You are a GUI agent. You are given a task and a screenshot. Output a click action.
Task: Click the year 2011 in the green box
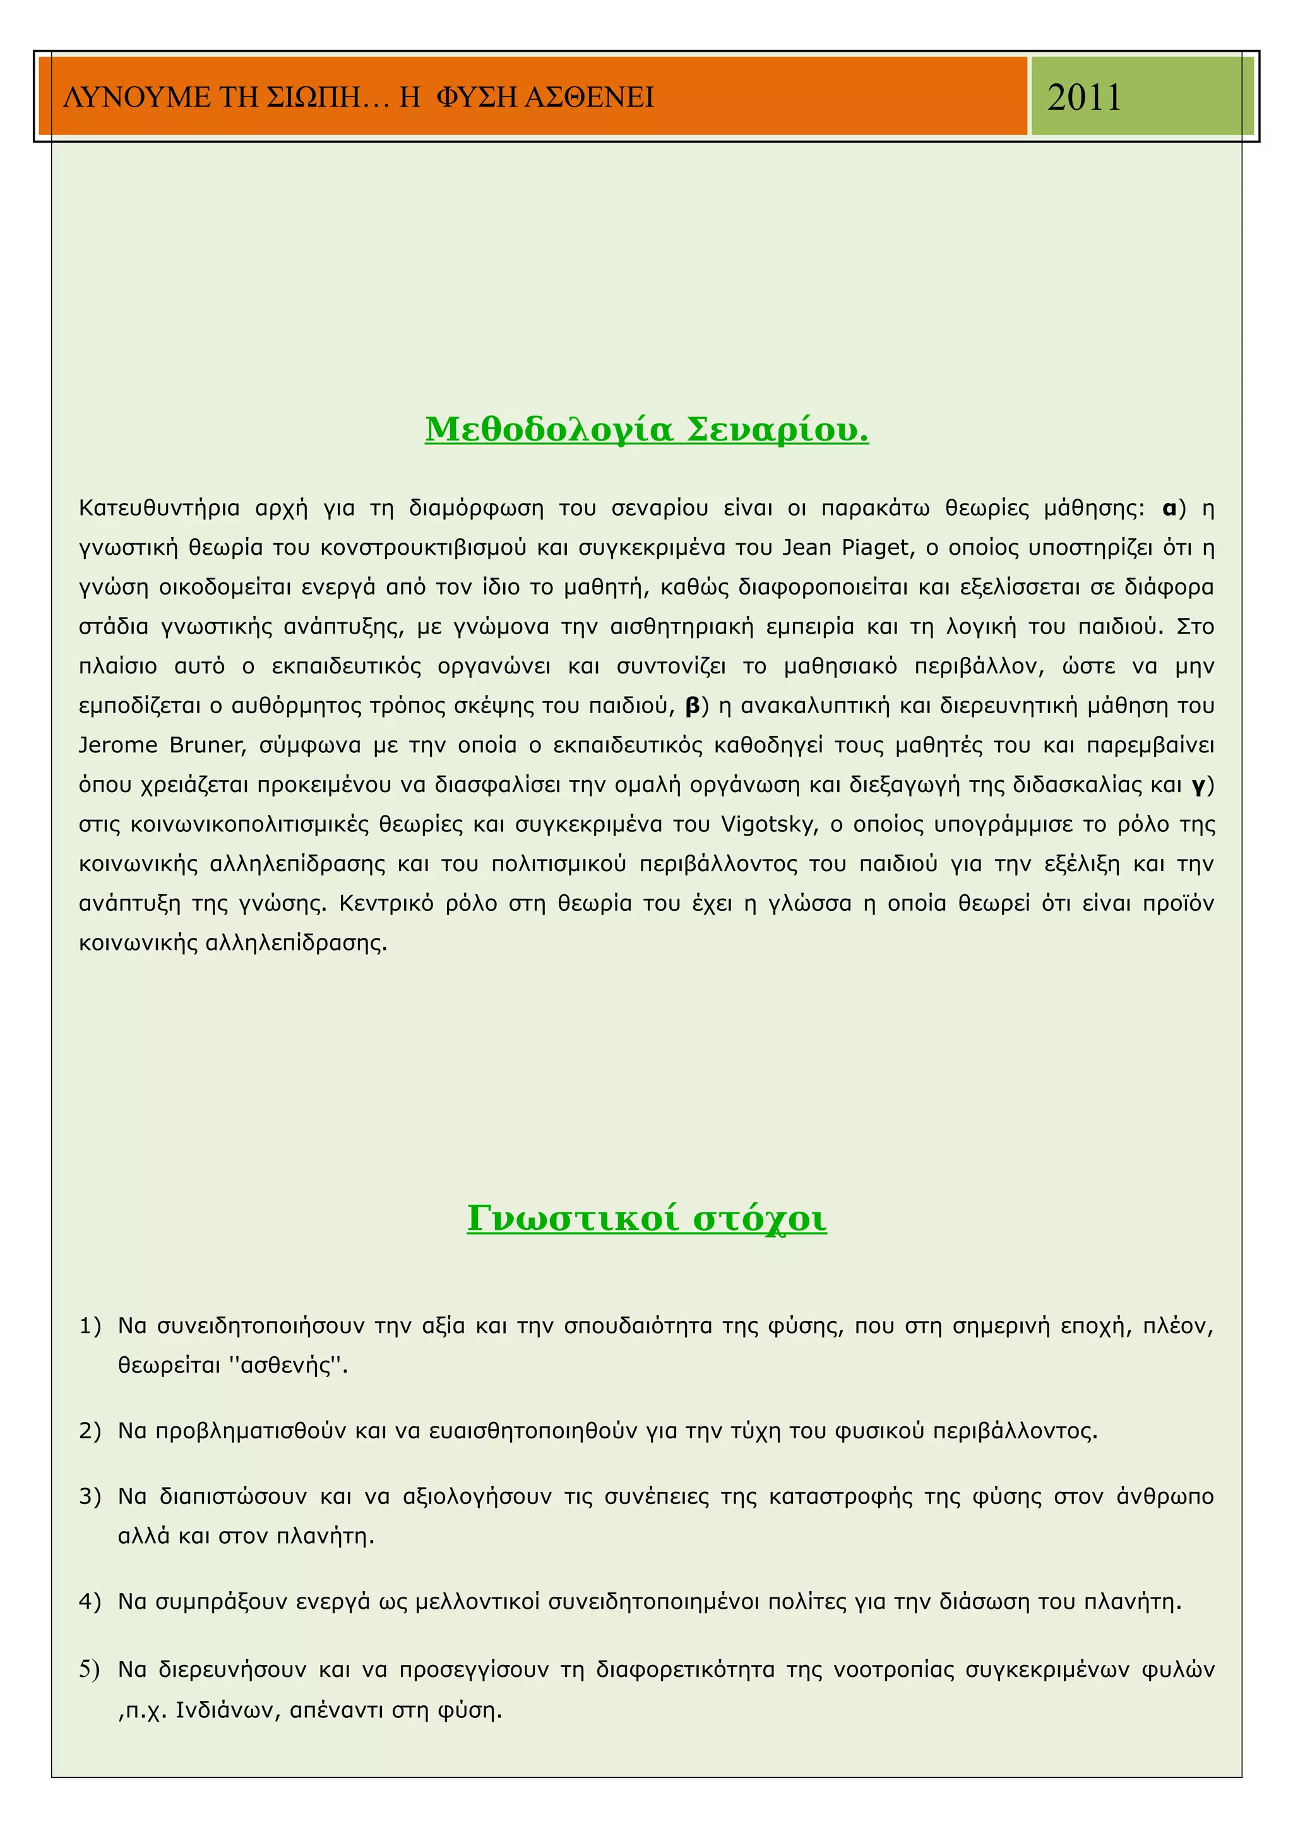(x=1083, y=97)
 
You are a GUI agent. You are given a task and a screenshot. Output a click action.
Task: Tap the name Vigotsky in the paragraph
(x=769, y=824)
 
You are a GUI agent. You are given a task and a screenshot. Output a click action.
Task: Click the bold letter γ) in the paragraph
(x=1201, y=786)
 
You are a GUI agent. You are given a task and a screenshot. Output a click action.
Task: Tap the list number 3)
(x=90, y=1497)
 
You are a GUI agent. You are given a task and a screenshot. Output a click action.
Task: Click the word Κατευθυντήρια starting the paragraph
(x=158, y=508)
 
